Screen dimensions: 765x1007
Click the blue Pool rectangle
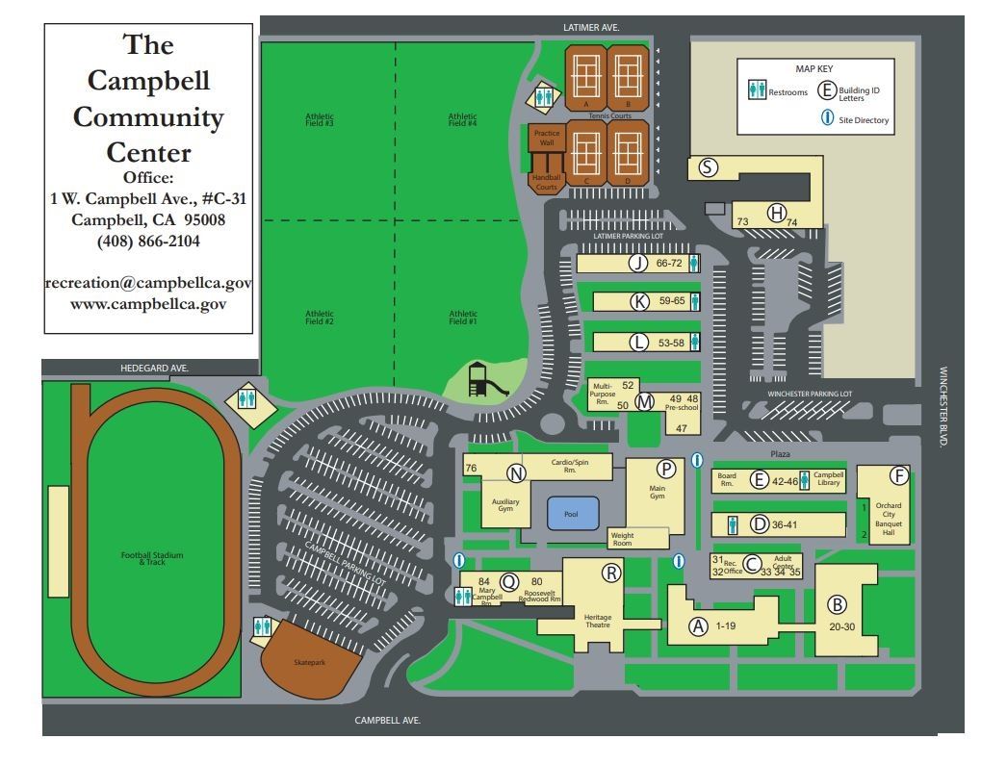click(x=571, y=513)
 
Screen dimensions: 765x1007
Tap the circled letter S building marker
click(x=708, y=167)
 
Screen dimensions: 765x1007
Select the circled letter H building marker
click(x=776, y=213)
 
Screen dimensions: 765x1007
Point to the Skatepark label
click(x=310, y=663)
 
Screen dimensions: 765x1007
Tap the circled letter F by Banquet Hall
click(x=898, y=475)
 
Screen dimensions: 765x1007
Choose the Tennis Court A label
click(x=585, y=103)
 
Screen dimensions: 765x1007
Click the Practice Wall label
click(x=546, y=139)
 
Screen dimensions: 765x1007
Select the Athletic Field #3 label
click(x=318, y=119)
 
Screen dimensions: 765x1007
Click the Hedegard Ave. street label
click(x=154, y=368)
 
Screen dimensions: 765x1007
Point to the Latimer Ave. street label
click(x=590, y=28)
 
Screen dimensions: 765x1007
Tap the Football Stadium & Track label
click(x=151, y=557)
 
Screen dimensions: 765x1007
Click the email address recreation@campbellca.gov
click(x=148, y=284)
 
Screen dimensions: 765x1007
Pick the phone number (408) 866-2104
click(x=148, y=242)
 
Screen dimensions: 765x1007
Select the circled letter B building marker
click(x=838, y=604)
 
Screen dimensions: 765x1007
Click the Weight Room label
click(x=623, y=539)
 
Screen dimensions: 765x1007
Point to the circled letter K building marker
click(x=639, y=301)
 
